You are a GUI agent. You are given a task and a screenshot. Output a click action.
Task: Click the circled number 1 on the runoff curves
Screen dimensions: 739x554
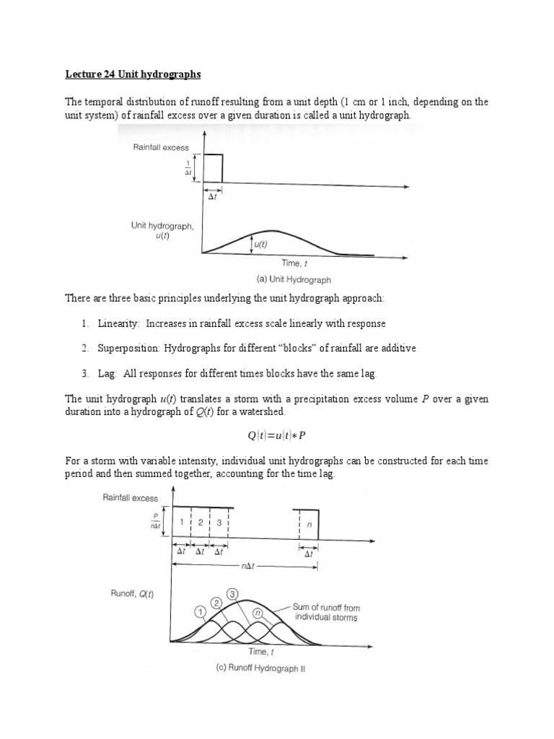pyautogui.click(x=200, y=612)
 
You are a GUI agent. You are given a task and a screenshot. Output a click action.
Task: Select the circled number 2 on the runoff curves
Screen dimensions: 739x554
pyautogui.click(x=216, y=602)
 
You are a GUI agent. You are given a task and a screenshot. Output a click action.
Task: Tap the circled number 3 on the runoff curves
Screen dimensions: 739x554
pyautogui.click(x=232, y=594)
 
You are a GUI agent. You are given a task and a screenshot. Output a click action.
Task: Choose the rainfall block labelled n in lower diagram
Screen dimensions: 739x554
pyautogui.click(x=309, y=525)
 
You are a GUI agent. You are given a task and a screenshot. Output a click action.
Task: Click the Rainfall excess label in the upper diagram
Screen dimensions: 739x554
pyautogui.click(x=160, y=147)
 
